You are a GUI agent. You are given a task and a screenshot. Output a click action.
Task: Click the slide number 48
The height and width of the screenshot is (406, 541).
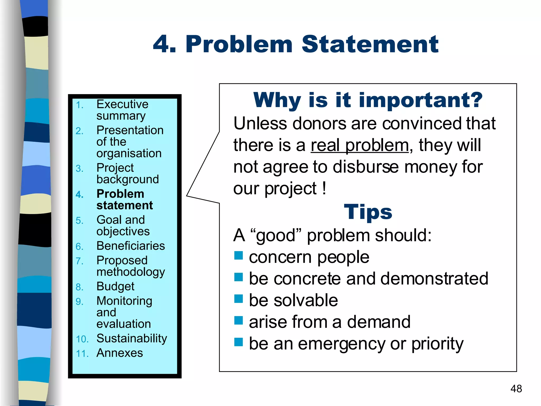tap(516, 389)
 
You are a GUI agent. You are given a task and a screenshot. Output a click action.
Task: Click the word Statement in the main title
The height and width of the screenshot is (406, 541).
tap(370, 44)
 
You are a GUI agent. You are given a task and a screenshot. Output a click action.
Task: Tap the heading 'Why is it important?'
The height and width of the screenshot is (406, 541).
tap(368, 100)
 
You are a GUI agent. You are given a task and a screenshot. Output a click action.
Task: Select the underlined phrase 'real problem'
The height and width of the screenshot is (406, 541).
tap(360, 146)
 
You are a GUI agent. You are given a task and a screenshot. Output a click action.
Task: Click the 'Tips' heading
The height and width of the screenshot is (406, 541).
tap(368, 212)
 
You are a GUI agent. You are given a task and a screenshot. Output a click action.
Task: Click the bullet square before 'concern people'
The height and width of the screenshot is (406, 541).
tap(238, 256)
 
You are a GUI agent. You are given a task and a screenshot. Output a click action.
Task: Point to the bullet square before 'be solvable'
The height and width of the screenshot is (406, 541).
tap(238, 299)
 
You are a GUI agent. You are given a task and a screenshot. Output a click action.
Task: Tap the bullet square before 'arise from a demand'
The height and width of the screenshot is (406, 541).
tap(238, 321)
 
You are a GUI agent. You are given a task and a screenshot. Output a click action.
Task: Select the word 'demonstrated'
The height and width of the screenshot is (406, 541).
tap(434, 279)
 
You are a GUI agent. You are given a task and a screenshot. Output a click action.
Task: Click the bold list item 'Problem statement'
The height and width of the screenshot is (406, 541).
tap(124, 200)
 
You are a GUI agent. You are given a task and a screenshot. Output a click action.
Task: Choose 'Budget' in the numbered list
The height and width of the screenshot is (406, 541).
tap(115, 287)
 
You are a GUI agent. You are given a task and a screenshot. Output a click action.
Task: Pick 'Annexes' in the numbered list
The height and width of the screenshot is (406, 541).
tap(120, 353)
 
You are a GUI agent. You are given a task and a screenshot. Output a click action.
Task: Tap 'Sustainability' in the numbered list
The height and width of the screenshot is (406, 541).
tap(132, 339)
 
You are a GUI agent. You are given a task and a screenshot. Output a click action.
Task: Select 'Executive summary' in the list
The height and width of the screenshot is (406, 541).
tap(122, 110)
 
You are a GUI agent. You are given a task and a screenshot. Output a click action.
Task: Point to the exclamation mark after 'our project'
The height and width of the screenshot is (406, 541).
tap(324, 188)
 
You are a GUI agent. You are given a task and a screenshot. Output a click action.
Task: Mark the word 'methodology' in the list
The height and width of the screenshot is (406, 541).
tap(130, 272)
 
